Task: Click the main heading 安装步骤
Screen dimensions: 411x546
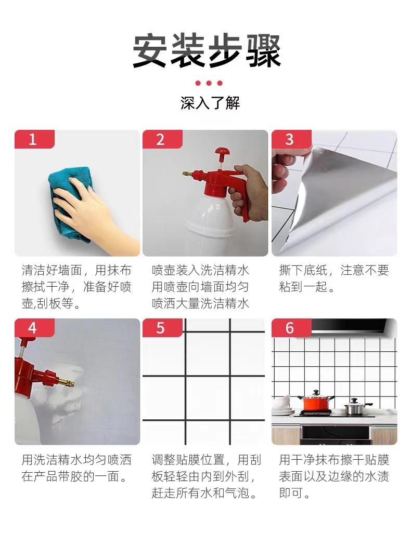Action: [207, 51]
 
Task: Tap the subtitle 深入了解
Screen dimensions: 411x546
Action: [210, 103]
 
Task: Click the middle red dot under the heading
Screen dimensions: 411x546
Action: [209, 83]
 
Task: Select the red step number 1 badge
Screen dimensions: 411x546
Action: [34, 139]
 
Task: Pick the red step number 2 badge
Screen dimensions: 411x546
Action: [162, 139]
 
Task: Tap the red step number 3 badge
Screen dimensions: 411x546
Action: [291, 139]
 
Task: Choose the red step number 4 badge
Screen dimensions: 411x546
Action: [34, 328]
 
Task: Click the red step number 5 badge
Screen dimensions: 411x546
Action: [162, 328]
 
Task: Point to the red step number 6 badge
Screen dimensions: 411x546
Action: [291, 328]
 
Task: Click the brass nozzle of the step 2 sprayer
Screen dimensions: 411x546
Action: [187, 173]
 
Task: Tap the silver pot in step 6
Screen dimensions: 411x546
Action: [356, 407]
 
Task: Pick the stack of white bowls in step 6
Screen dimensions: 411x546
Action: [283, 406]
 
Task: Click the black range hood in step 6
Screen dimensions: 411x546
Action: [348, 326]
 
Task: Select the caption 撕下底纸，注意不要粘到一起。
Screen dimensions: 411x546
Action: [334, 278]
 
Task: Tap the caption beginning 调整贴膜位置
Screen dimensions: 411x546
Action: [206, 476]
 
